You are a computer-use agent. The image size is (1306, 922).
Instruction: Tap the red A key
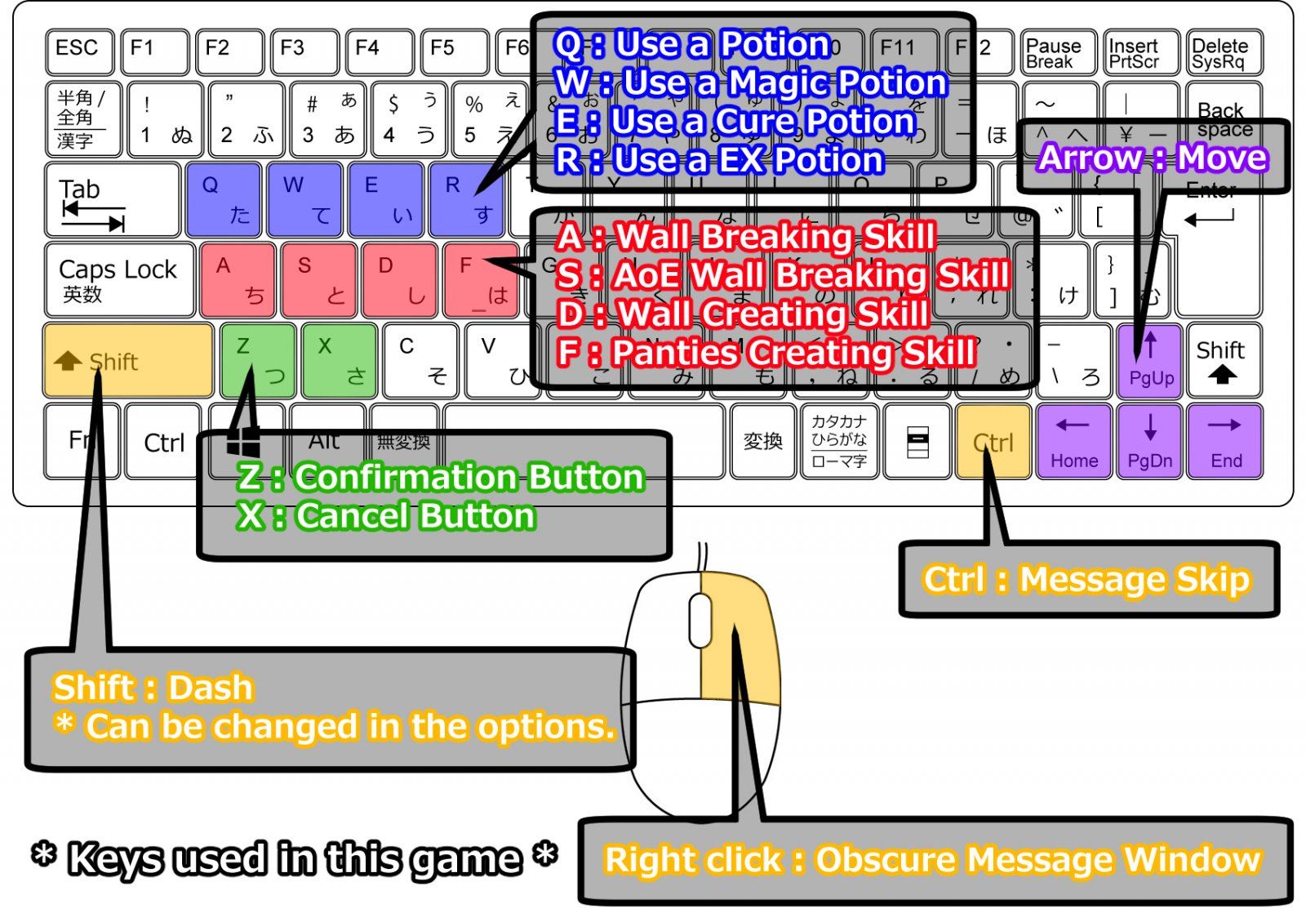pos(237,279)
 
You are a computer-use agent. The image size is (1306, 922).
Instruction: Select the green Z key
pos(258,359)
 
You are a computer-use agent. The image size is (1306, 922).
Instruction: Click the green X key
pos(339,359)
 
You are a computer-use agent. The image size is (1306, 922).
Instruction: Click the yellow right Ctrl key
pos(993,441)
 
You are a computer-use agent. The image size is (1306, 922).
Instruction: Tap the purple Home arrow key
pos(1073,441)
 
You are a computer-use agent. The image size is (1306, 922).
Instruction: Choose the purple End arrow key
pos(1225,441)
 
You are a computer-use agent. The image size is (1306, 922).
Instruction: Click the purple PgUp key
pos(1150,359)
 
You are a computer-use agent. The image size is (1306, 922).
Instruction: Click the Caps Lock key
pos(119,279)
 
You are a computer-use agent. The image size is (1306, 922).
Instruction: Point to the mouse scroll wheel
pos(700,621)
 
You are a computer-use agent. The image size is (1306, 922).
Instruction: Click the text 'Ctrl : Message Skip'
pos(1086,579)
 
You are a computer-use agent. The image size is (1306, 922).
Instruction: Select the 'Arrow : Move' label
pos(1153,158)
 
